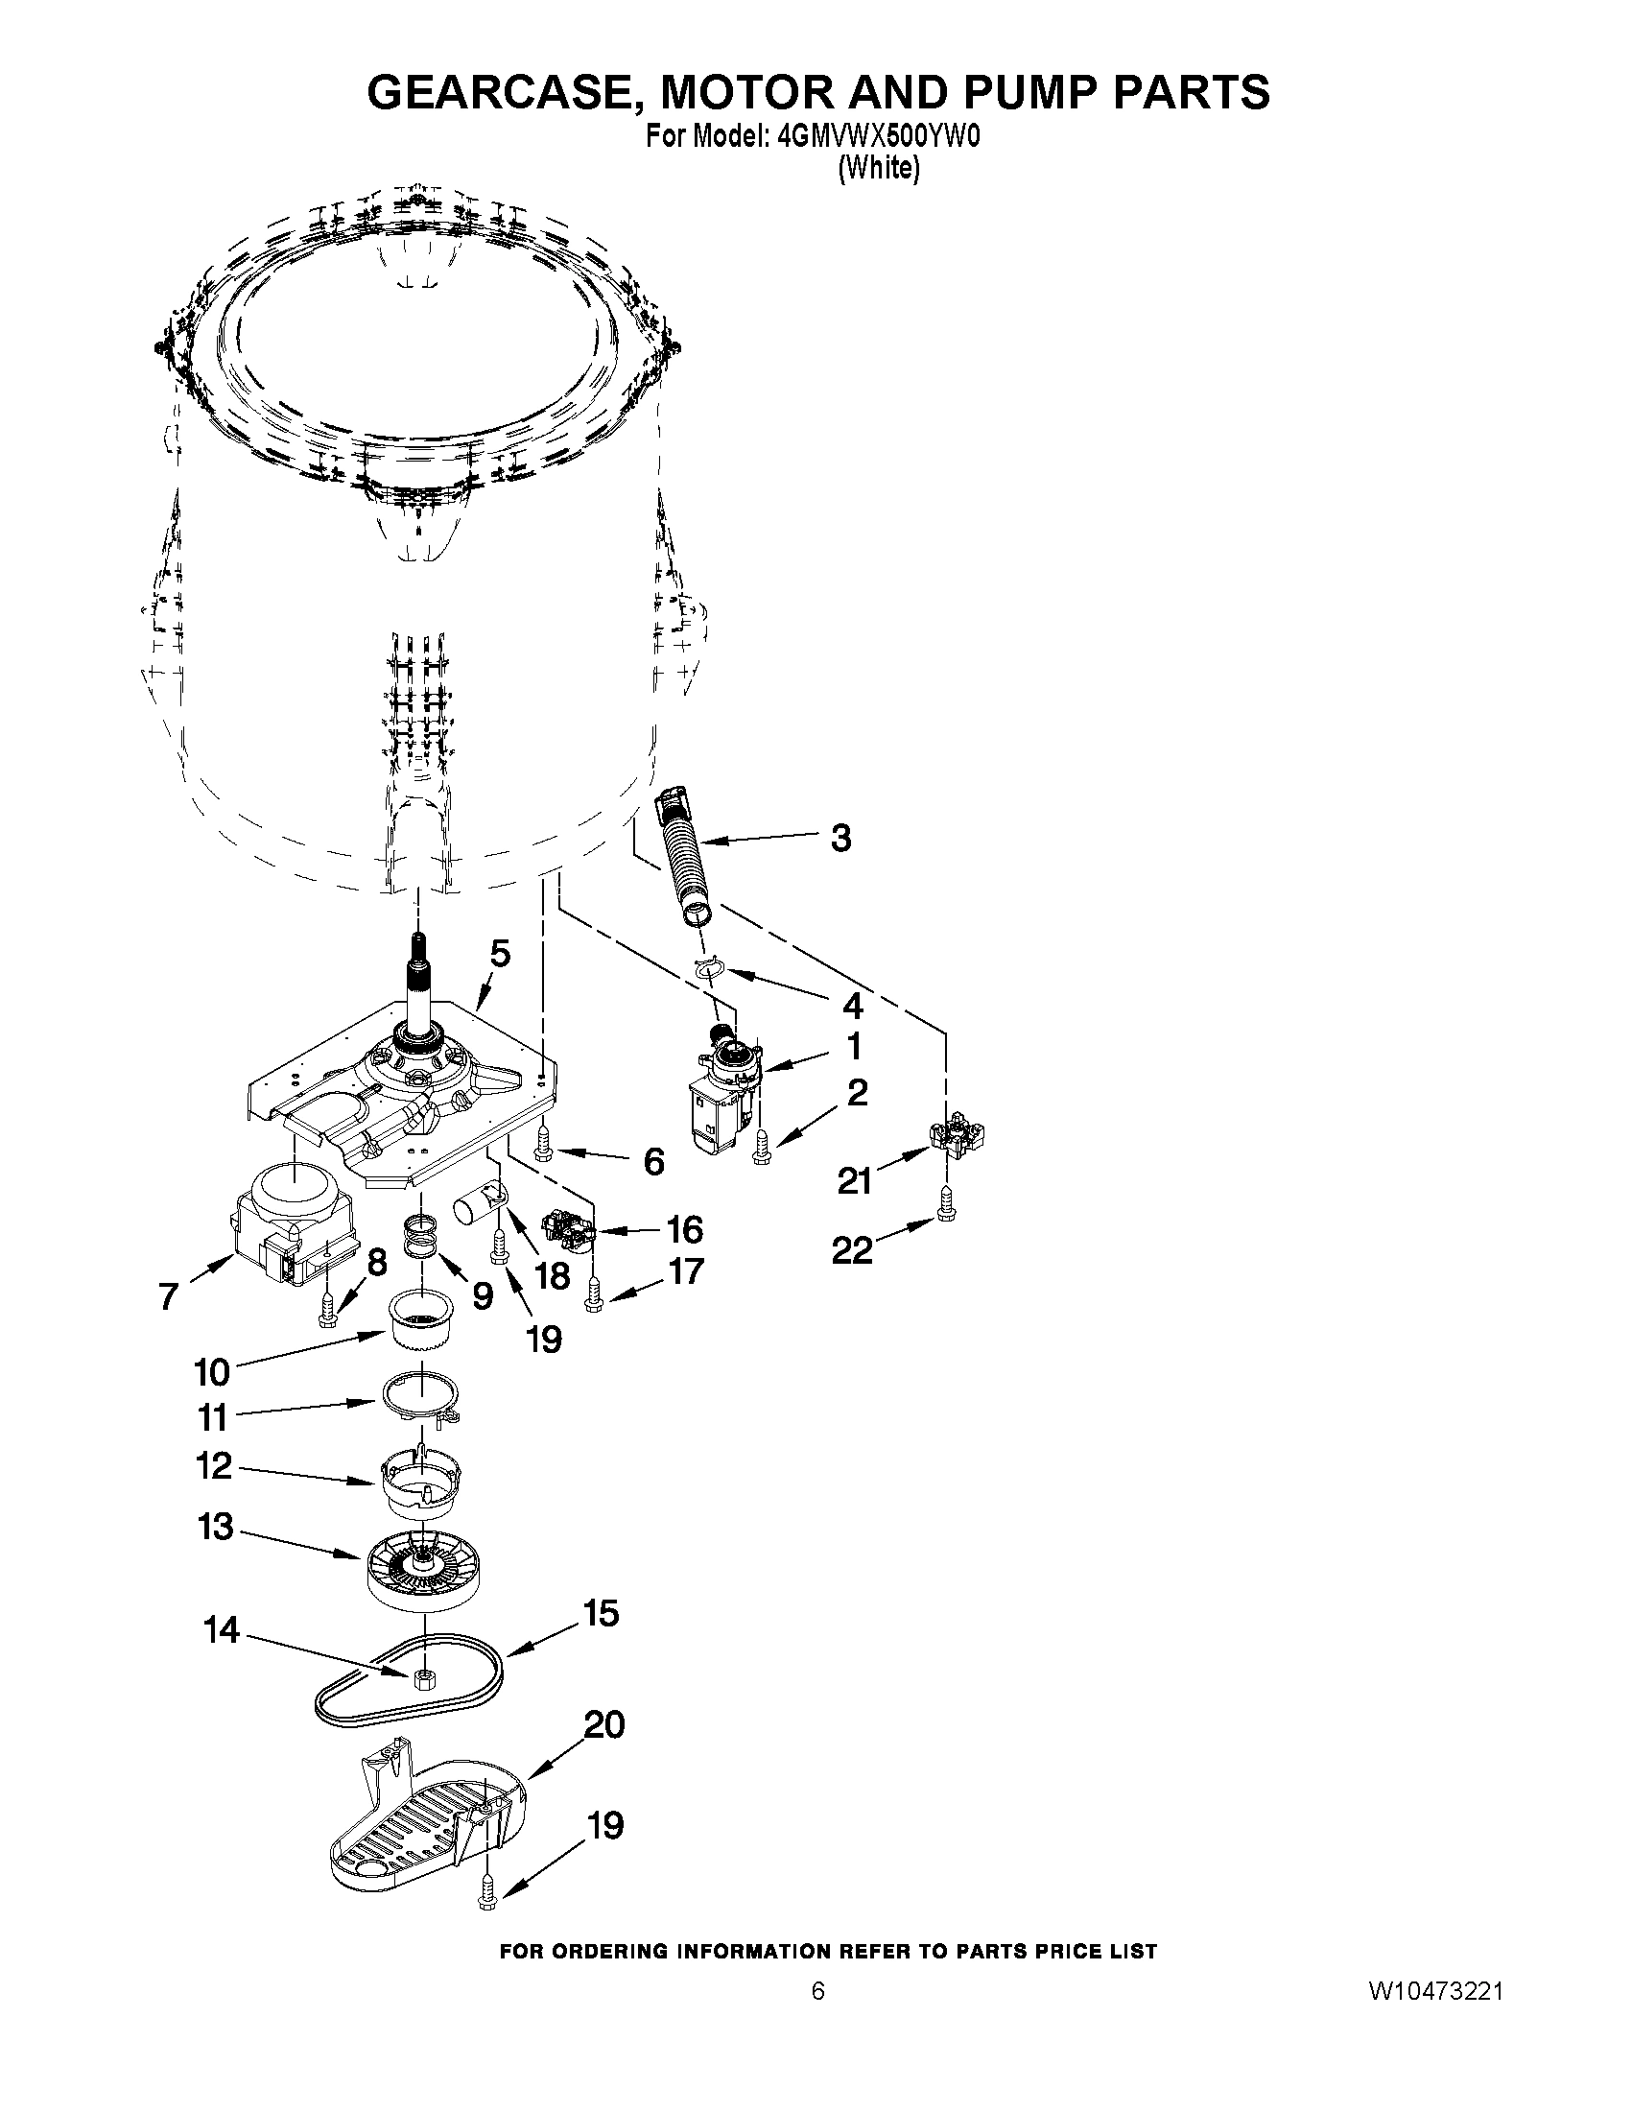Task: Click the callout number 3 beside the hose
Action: click(841, 839)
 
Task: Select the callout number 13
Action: click(216, 1527)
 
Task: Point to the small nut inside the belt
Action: click(421, 1678)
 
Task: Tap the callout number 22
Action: click(853, 1250)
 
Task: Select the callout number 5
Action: click(499, 953)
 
